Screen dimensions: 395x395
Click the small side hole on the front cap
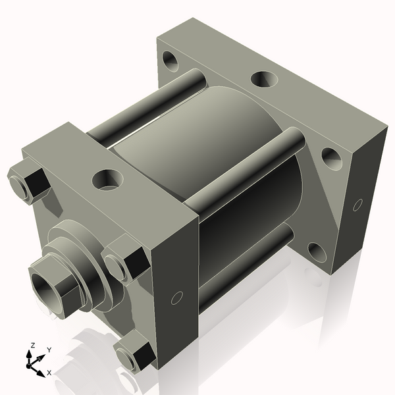[x=176, y=298]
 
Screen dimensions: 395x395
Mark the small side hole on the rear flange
[x=357, y=203]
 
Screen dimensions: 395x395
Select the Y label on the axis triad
[x=49, y=350]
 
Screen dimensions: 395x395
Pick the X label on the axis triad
[x=49, y=373]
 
